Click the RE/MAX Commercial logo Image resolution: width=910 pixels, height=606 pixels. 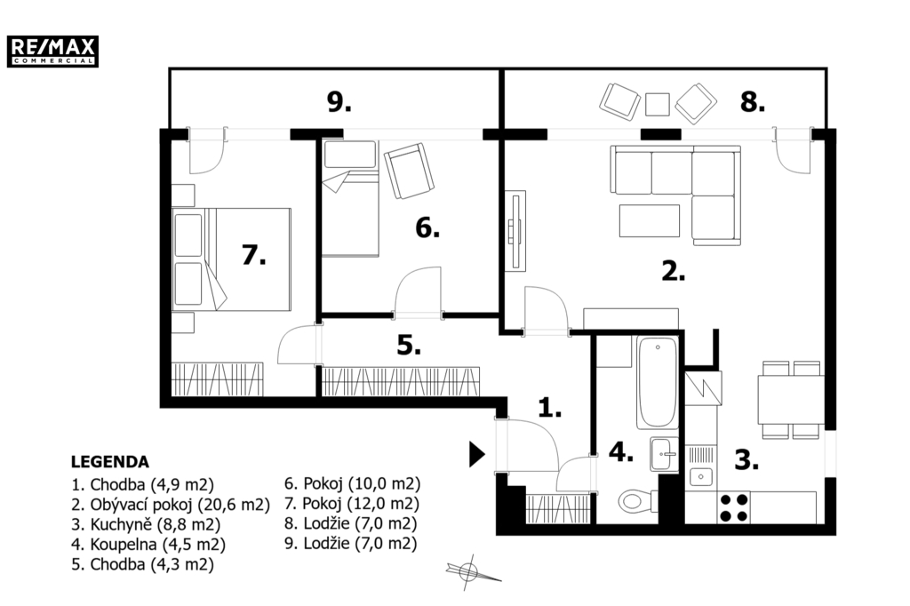click(52, 51)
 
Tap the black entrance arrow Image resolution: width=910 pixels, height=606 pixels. click(476, 454)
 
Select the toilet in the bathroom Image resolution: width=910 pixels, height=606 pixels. click(637, 500)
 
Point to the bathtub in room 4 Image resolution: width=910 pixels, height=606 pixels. click(658, 382)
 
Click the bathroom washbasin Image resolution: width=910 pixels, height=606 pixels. click(664, 454)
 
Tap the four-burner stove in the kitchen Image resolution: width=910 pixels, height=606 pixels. click(733, 508)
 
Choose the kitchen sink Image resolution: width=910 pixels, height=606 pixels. click(701, 476)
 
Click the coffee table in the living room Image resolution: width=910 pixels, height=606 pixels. click(650, 220)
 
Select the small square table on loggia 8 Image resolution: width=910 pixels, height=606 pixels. click(658, 105)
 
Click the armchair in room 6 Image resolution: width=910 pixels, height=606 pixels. click(409, 171)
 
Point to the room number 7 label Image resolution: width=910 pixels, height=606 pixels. click(253, 254)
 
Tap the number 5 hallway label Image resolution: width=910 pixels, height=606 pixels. click(409, 345)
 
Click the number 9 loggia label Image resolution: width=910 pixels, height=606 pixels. click(339, 102)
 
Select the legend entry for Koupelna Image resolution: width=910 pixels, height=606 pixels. click(148, 545)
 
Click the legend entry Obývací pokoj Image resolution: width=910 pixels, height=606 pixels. click(171, 505)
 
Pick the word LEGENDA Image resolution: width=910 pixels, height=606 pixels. click(109, 462)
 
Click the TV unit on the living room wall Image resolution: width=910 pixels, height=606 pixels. click(515, 231)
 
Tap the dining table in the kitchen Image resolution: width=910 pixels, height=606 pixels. click(791, 400)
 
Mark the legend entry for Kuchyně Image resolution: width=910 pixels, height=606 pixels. click(146, 525)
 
